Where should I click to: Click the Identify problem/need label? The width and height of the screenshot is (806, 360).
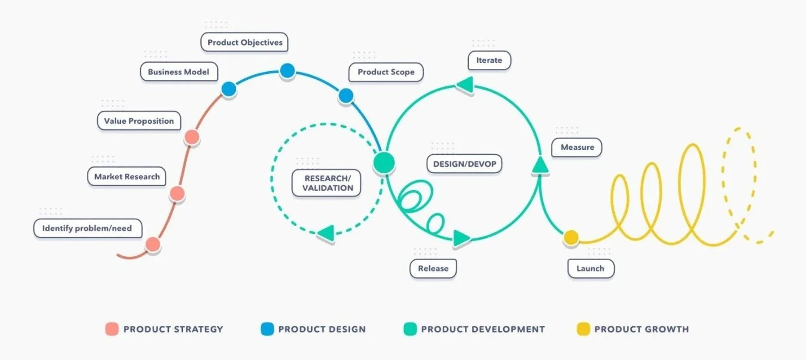click(x=87, y=229)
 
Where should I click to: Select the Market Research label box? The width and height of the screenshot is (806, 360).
click(x=127, y=176)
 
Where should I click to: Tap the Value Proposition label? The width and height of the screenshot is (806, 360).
click(x=139, y=121)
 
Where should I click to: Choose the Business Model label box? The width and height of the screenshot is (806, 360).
click(x=179, y=72)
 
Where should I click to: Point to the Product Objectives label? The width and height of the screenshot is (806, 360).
click(x=245, y=42)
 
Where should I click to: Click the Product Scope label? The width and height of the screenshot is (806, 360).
click(x=386, y=72)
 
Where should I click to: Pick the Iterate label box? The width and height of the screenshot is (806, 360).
click(x=489, y=60)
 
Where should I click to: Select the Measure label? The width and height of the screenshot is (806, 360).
click(x=577, y=147)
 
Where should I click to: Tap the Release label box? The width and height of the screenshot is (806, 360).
click(x=433, y=268)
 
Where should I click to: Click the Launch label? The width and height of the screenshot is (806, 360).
click(x=590, y=268)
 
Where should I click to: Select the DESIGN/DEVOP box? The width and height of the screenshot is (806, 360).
click(x=464, y=164)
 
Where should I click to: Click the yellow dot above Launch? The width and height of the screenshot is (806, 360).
click(x=571, y=237)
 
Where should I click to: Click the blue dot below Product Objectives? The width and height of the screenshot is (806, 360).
click(x=287, y=71)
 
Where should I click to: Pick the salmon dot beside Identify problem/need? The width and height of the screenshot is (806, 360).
click(x=153, y=245)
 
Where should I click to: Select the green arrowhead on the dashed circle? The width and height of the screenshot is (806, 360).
click(x=325, y=233)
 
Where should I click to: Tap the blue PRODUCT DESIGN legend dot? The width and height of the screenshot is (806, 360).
click(x=267, y=329)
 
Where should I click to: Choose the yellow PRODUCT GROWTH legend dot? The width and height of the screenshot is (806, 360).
click(x=583, y=329)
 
